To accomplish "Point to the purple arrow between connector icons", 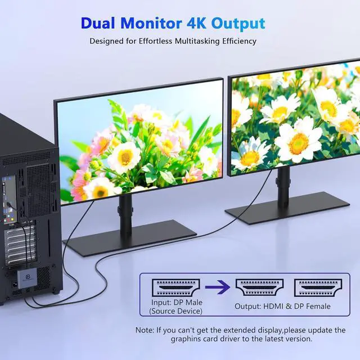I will pyautogui.click(x=218, y=288).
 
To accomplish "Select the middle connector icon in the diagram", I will pyautogui.click(x=259, y=287).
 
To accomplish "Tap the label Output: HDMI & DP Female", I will pyautogui.click(x=282, y=307).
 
